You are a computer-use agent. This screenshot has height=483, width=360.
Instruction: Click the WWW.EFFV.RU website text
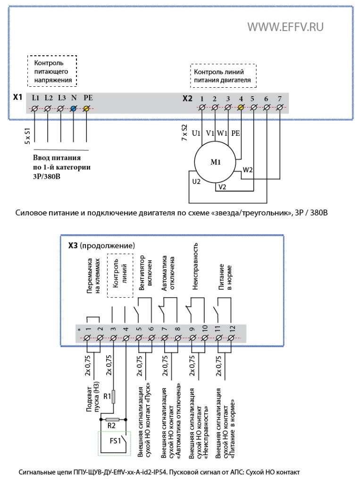pyautogui.click(x=285, y=27)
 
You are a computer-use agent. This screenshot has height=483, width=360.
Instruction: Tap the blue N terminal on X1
pyautogui.click(x=73, y=108)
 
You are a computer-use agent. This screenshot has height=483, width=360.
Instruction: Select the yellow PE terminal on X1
pyautogui.click(x=86, y=108)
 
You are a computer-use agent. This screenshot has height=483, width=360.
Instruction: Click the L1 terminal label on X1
pyautogui.click(x=35, y=98)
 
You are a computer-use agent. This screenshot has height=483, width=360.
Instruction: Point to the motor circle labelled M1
pyautogui.click(x=215, y=162)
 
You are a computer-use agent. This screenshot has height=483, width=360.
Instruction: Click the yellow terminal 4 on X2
pyautogui.click(x=241, y=107)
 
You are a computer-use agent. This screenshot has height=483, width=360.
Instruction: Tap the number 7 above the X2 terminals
pyautogui.click(x=280, y=99)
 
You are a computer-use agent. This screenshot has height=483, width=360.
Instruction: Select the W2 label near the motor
pyautogui.click(x=248, y=170)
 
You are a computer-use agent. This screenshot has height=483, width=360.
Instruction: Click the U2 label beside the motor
pyautogui.click(x=196, y=182)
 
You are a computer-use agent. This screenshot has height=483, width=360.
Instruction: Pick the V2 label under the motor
pyautogui.click(x=222, y=187)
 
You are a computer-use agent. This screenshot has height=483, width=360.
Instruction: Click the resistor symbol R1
pyautogui.click(x=113, y=397)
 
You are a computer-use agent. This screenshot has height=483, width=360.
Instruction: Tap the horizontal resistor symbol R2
pyautogui.click(x=112, y=419)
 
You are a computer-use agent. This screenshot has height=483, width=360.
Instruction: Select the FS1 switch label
pyautogui.click(x=115, y=441)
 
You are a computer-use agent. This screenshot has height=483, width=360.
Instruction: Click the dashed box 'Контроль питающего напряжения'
pyautogui.click(x=52, y=71)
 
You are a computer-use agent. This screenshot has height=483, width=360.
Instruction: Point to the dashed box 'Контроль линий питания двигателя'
pyautogui.click(x=223, y=76)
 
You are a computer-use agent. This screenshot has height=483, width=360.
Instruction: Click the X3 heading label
pyautogui.click(x=73, y=245)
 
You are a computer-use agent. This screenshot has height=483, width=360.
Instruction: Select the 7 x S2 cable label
pyautogui.click(x=184, y=133)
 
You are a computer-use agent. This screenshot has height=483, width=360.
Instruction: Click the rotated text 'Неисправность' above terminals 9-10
pyautogui.click(x=195, y=266)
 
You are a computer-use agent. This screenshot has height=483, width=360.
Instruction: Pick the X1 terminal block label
pyautogui.click(x=17, y=97)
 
